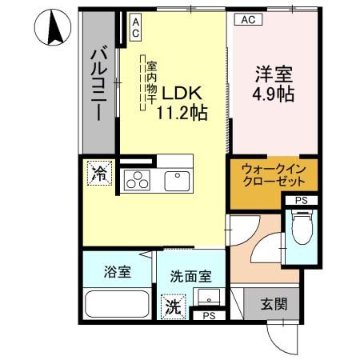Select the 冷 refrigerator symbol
point(99,171)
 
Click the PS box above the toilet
point(301,200)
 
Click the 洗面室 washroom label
point(190,276)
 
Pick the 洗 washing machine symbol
point(173,305)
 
